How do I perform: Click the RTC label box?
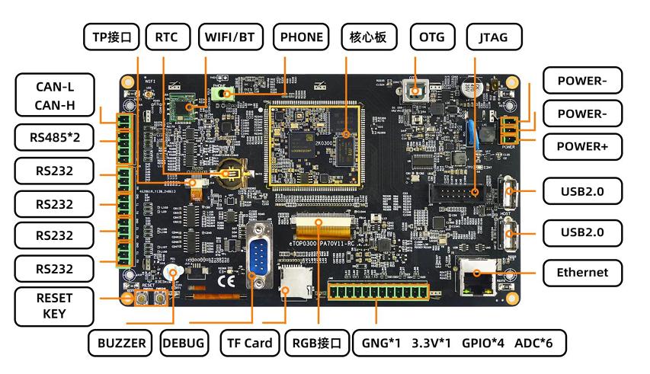click(166, 37)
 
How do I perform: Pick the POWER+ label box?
click(582, 145)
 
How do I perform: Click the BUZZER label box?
click(121, 344)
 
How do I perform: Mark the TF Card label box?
click(250, 344)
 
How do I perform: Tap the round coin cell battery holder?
click(226, 173)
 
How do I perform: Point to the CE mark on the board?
click(226, 280)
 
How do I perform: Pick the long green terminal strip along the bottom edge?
click(376, 292)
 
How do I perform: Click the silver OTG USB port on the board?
click(415, 93)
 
